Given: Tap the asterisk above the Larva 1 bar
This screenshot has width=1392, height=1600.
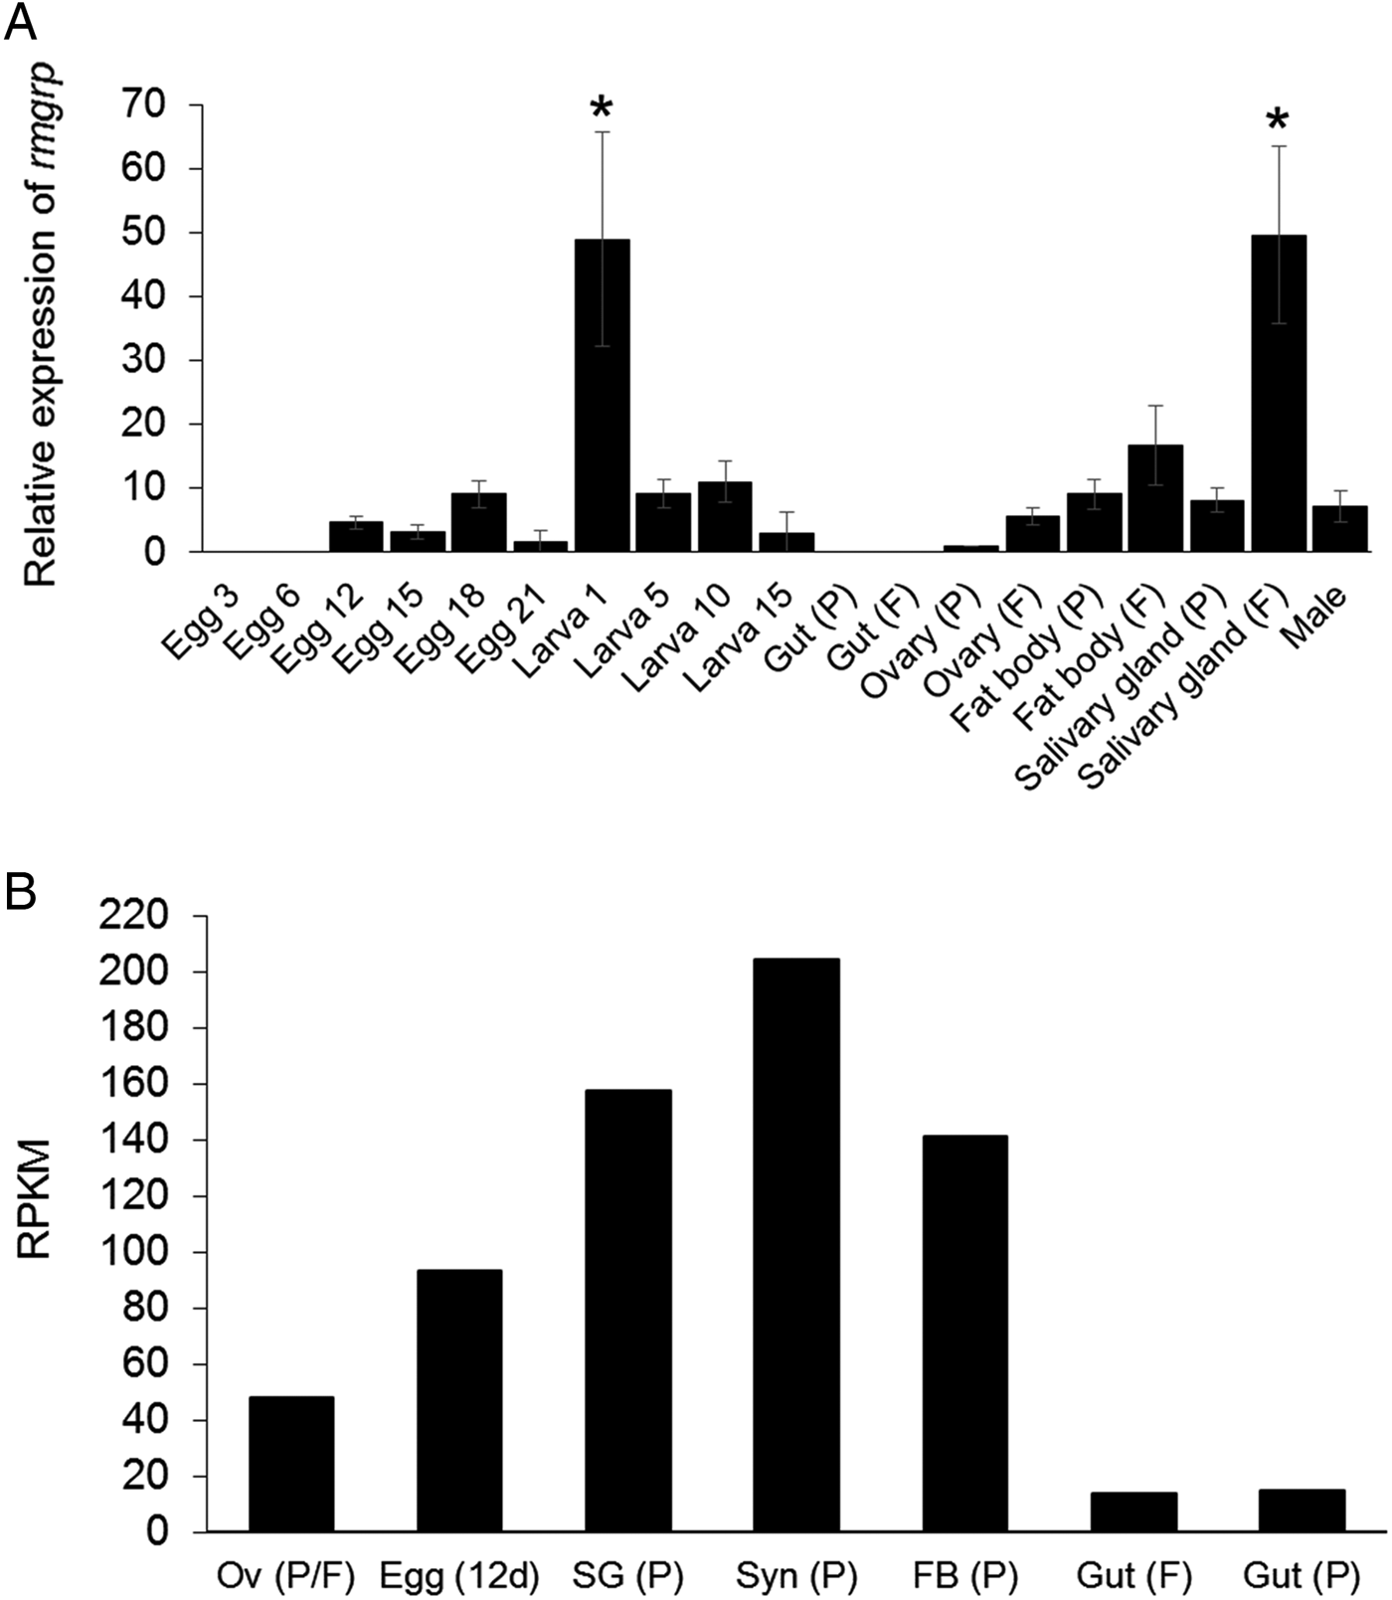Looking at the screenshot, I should pos(602,108).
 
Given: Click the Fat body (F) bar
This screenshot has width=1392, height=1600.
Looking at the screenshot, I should pos(1155,497).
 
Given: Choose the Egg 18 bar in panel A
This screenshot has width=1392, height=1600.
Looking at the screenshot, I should pos(479,522).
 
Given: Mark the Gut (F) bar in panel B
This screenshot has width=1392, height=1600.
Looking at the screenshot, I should pos(1133,1511).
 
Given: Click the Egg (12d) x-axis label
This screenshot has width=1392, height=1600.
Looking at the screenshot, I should pos(459,1575).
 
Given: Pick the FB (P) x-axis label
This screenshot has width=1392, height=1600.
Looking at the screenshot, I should pos(964,1575).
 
